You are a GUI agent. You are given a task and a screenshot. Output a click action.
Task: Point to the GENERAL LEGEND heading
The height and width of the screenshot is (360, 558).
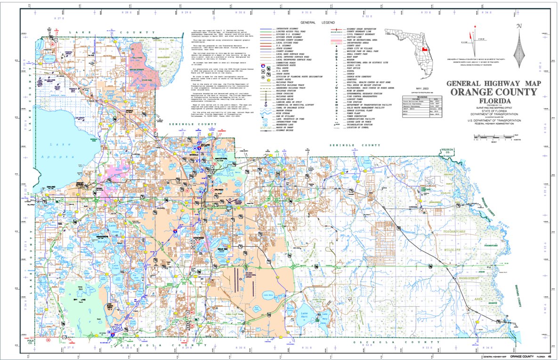click(319, 22)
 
